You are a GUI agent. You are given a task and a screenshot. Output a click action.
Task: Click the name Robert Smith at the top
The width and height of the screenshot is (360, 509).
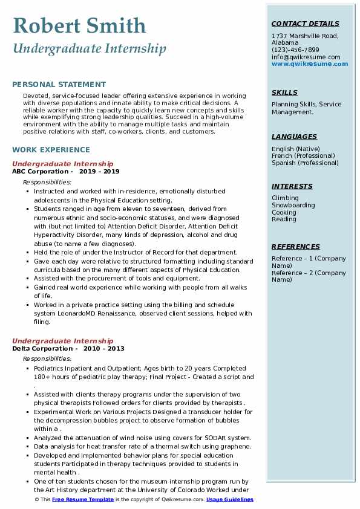(79, 26)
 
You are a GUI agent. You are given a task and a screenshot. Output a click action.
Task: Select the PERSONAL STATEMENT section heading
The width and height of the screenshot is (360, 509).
(59, 85)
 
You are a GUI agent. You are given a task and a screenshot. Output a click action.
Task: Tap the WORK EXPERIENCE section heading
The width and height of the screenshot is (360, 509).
(51, 149)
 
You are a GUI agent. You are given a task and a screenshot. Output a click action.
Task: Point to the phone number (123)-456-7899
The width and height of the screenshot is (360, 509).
(295, 50)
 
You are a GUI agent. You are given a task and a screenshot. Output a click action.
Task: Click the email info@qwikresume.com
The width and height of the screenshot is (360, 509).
(306, 57)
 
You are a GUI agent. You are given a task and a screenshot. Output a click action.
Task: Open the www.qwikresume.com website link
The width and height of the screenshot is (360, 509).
(310, 63)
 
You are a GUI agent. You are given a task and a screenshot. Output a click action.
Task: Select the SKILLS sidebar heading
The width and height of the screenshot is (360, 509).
(284, 92)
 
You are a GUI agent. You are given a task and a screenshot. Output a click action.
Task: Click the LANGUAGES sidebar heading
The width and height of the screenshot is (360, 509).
(294, 137)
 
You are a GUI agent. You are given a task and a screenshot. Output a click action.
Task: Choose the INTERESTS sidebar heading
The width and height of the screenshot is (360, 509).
(292, 186)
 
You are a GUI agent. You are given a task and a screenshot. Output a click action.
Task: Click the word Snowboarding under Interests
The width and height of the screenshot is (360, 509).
(293, 205)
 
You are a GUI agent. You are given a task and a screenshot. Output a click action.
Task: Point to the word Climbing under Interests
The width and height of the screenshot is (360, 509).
(285, 198)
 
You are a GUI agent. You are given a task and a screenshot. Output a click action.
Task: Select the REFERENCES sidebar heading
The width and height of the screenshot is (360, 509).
(296, 247)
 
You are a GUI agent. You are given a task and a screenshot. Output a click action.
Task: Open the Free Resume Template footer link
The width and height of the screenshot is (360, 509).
(82, 500)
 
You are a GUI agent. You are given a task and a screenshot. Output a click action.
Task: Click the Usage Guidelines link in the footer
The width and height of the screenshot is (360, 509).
(231, 500)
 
